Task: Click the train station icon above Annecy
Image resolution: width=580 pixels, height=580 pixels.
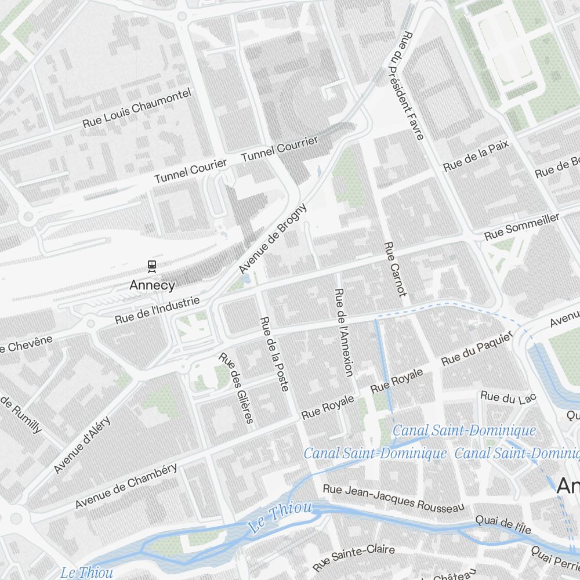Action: click(152, 266)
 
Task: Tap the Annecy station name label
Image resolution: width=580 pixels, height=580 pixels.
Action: click(152, 285)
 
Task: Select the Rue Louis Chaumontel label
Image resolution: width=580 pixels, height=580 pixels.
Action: click(136, 108)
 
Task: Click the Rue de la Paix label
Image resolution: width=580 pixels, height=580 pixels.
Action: click(476, 155)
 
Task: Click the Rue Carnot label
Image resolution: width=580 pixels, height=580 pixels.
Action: click(396, 269)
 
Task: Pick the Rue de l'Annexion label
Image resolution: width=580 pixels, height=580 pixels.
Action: click(344, 332)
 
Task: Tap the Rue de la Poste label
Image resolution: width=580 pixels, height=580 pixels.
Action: click(274, 353)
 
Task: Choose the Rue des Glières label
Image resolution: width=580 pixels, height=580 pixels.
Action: click(236, 387)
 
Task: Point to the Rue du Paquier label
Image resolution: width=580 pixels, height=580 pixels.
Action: click(477, 350)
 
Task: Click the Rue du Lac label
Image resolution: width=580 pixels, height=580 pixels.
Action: click(508, 398)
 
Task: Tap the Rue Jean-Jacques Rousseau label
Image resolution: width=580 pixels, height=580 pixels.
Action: click(393, 498)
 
